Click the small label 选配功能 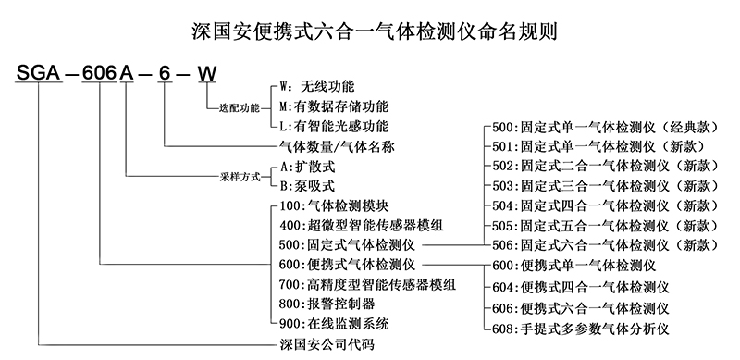tap(240, 107)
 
